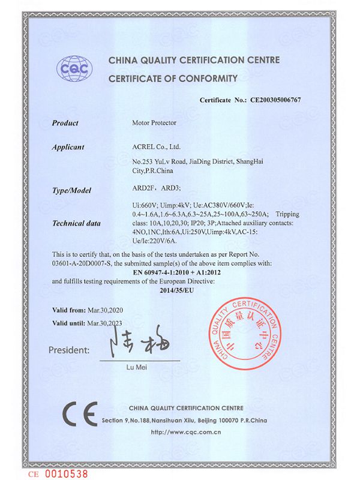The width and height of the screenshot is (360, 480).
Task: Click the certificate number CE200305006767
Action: [275, 100]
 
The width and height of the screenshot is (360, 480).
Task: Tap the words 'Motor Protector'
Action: [154, 123]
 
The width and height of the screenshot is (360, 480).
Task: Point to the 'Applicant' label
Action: [68, 147]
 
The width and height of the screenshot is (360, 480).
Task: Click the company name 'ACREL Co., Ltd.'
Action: [156, 147]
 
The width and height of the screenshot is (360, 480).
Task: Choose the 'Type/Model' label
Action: [71, 191]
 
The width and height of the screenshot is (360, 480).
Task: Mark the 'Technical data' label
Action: [76, 223]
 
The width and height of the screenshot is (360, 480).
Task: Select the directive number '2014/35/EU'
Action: [178, 290]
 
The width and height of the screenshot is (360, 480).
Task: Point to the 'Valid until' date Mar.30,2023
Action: [109, 323]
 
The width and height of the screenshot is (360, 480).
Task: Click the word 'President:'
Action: [69, 349]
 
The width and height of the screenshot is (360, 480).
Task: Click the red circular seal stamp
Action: [251, 337]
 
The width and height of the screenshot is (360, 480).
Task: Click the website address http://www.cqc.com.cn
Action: [185, 431]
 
